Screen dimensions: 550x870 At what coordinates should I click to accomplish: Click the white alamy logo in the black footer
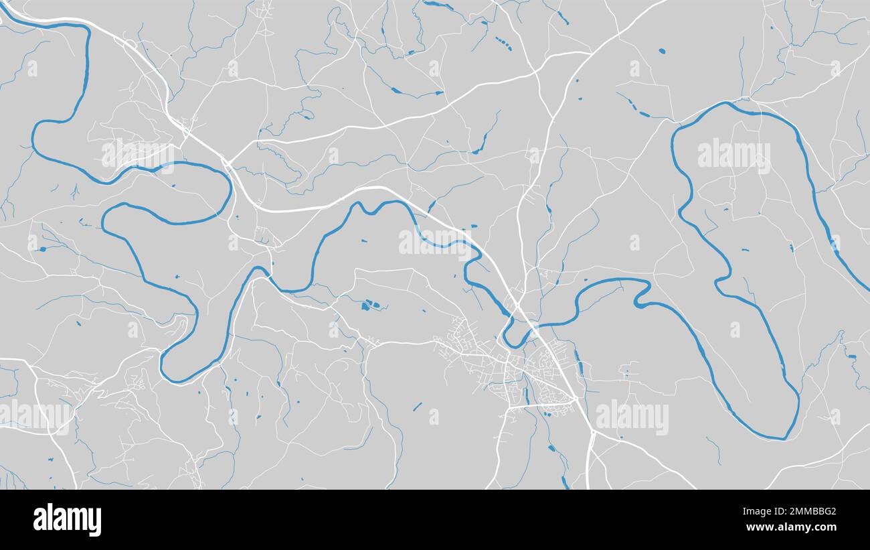click(67, 520)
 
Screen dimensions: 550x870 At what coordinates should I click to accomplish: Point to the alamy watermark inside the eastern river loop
click(733, 155)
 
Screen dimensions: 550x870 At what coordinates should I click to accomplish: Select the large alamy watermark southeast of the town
click(631, 417)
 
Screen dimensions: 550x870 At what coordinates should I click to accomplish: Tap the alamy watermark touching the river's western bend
click(137, 155)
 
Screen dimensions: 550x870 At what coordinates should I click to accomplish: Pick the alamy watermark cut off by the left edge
click(33, 415)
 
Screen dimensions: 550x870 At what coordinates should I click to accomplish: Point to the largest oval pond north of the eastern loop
click(662, 51)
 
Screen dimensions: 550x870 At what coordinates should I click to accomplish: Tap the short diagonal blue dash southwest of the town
click(417, 406)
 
